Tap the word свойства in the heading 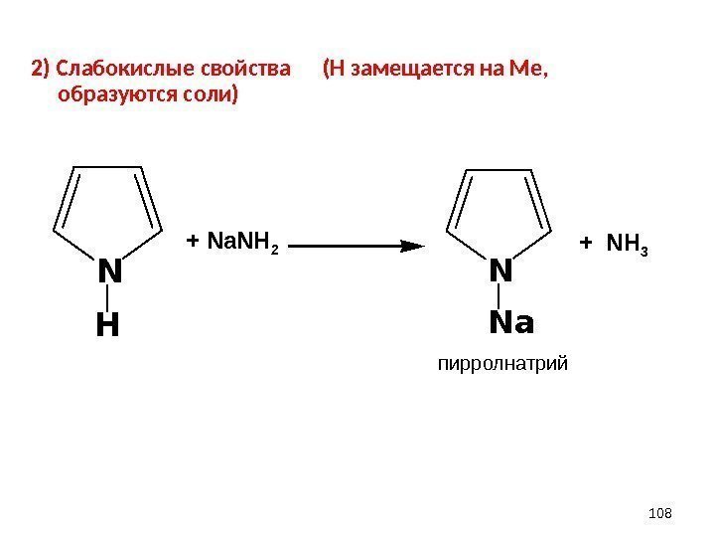pos(245,71)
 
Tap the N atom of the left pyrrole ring pos(108,271)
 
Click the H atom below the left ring pos(107,325)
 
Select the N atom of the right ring pos(501,270)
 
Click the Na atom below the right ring pos(511,324)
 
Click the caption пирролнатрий pos(503,365)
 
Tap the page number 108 pos(659,512)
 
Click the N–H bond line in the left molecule pos(107,297)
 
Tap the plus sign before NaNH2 pos(194,242)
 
